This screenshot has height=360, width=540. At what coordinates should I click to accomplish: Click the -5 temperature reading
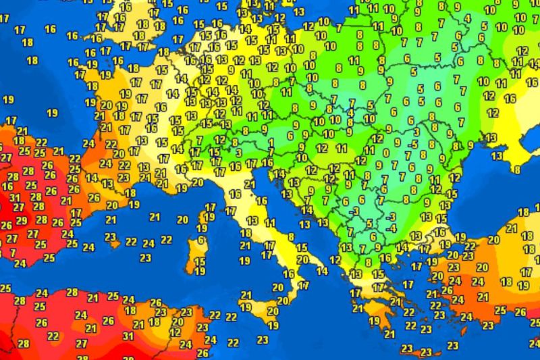[413, 143]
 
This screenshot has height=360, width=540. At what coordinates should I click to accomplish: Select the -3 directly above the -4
[391, 216]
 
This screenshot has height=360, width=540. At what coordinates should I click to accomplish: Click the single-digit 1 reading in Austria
[270, 143]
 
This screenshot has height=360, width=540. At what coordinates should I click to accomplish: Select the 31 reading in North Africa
[128, 336]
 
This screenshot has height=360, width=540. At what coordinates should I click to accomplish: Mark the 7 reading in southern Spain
[13, 252]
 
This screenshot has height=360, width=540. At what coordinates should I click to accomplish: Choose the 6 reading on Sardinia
[201, 240]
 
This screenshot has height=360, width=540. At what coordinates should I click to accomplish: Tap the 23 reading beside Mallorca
[111, 236]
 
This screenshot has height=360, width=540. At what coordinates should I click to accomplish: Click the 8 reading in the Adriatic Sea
[290, 237]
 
